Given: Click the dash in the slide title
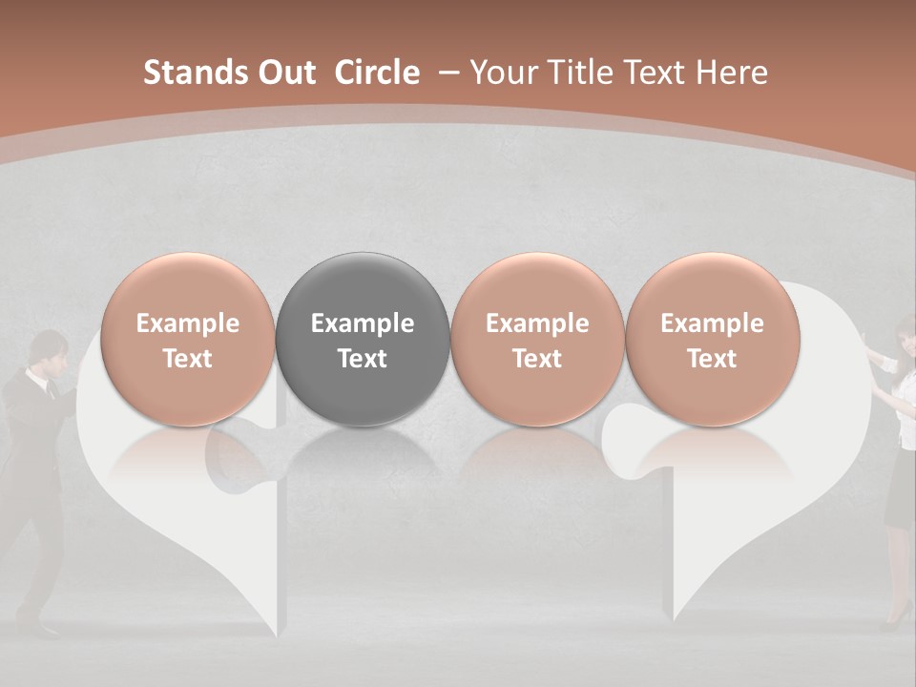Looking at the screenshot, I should tap(448, 73).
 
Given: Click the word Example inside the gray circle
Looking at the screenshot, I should tap(363, 323).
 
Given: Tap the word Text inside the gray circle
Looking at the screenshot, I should tap(363, 359).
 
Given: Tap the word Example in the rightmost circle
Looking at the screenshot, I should tap(712, 323).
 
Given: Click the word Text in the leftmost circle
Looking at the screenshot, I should tap(188, 359).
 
